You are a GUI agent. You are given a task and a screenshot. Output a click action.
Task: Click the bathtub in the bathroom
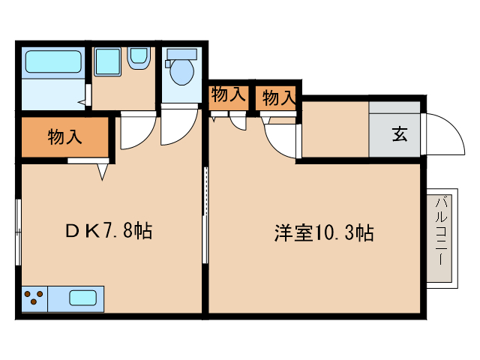tap(52, 61)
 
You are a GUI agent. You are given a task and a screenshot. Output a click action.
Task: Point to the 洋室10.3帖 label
tap(323, 233)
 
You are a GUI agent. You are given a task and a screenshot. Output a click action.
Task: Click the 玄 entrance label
tap(398, 136)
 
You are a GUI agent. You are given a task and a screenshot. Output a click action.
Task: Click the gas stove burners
tap(34, 298)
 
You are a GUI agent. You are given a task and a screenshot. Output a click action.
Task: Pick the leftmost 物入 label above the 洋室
tap(228, 95)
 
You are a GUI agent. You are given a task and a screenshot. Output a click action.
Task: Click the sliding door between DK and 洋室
tap(205, 214)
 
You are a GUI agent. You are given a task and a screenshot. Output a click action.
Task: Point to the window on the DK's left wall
tap(19, 232)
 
